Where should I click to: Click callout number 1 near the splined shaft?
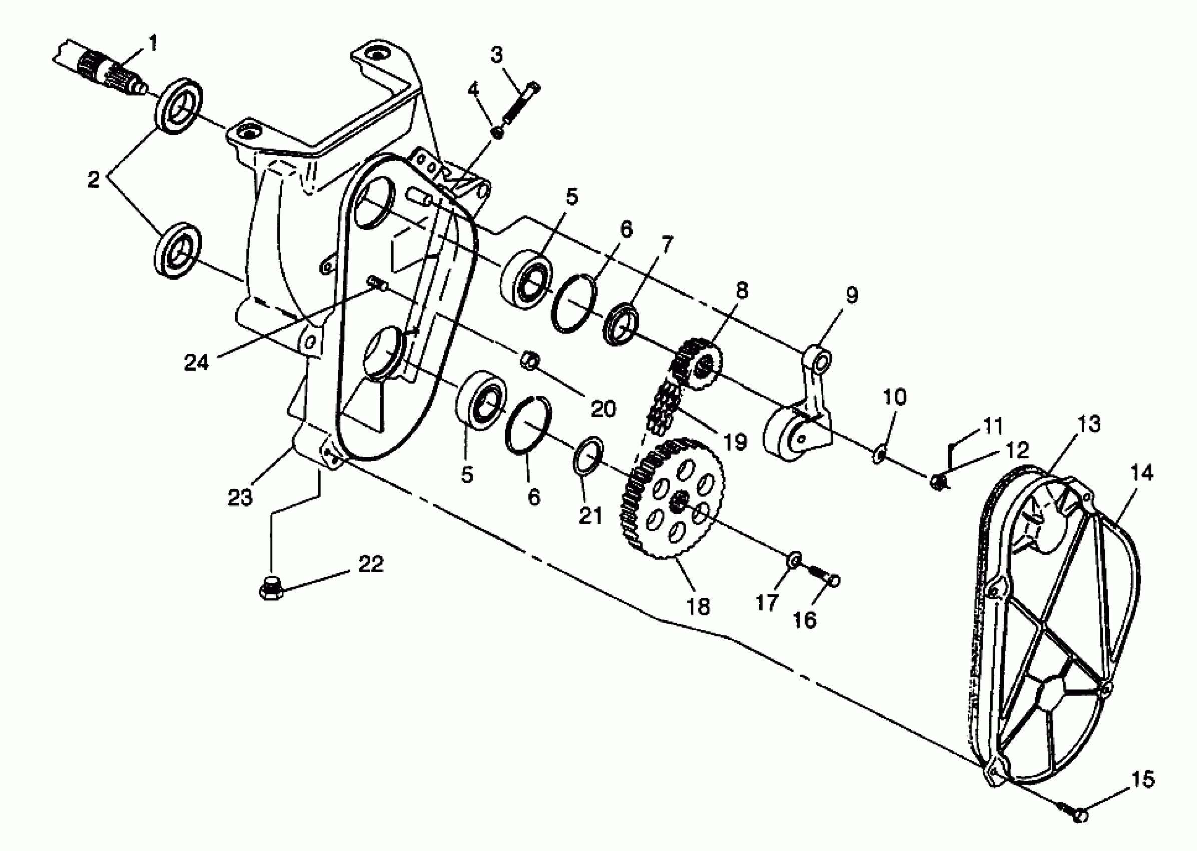153,44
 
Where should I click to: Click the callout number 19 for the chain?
735,441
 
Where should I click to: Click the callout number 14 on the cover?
1142,473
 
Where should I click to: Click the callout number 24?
197,362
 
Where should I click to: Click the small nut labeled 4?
497,132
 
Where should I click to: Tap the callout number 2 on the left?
93,179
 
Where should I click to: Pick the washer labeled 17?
794,561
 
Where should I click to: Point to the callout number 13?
1089,424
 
